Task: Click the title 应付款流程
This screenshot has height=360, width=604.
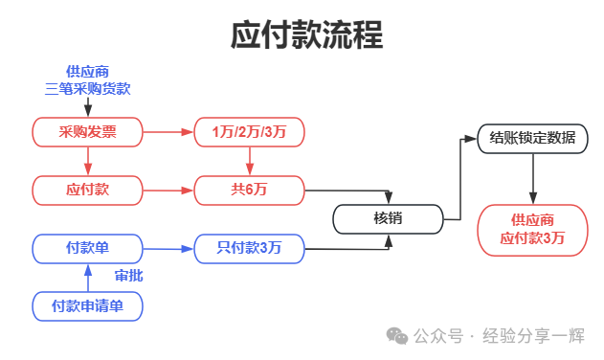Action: point(306,34)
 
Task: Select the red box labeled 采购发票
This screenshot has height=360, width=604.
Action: point(87,132)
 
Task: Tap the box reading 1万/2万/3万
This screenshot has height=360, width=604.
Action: point(249,132)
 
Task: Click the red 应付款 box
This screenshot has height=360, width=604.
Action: point(87,191)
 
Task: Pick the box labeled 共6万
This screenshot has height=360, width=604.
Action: point(249,191)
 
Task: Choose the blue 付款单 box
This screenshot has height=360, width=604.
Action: point(87,249)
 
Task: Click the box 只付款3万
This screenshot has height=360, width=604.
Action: point(249,249)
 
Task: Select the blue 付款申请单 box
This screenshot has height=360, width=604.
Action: point(87,306)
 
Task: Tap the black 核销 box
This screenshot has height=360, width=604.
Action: point(389,219)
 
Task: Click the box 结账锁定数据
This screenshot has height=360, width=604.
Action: point(533,139)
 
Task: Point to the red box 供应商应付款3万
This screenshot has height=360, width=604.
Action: point(533,230)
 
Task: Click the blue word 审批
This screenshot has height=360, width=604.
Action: point(128,276)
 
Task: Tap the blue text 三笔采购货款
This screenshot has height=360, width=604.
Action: point(87,89)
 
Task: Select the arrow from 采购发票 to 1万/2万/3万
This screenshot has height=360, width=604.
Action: point(168,132)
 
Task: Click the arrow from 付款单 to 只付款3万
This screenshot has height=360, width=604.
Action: point(168,249)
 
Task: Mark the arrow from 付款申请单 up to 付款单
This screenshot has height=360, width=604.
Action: point(88,278)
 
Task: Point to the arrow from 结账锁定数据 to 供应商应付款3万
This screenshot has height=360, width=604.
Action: point(533,179)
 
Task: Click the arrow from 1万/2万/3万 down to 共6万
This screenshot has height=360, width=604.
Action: point(249,161)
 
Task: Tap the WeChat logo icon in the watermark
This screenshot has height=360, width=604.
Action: point(397,336)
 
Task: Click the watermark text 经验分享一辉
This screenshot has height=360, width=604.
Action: point(533,336)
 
